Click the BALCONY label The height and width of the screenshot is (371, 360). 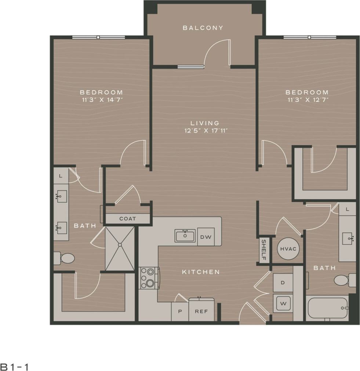(x=203, y=28)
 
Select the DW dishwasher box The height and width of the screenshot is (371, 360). (x=205, y=237)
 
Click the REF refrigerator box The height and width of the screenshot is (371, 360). (x=201, y=312)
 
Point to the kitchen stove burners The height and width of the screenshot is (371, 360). (x=149, y=278)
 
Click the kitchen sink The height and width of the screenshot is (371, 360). (x=185, y=236)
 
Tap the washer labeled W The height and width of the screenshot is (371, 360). (x=283, y=303)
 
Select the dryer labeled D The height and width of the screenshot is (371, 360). (x=283, y=283)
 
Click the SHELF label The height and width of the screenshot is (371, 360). (x=263, y=251)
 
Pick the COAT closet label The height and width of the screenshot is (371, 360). (x=128, y=218)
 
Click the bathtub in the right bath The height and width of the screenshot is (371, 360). (x=327, y=308)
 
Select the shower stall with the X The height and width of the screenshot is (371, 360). (x=120, y=249)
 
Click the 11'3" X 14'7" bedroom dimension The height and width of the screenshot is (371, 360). (x=101, y=99)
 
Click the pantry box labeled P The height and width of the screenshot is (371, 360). (x=180, y=312)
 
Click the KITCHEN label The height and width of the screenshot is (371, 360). (x=201, y=272)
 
